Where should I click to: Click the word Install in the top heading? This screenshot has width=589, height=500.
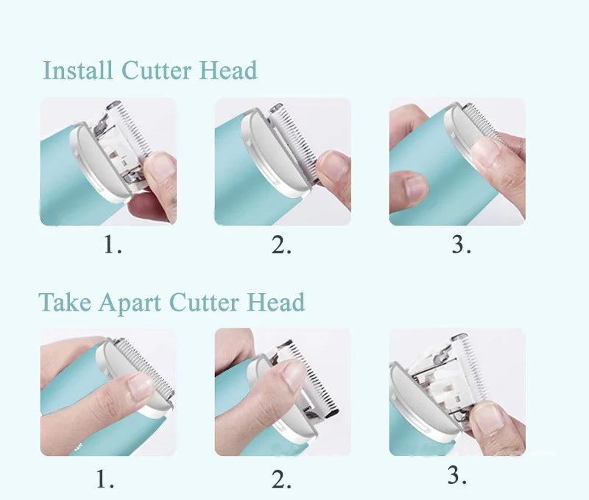point(78,71)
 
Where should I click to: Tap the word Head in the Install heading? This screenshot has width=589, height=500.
point(228,71)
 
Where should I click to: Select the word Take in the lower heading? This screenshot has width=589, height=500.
point(65,303)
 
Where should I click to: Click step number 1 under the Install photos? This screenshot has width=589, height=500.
point(112,244)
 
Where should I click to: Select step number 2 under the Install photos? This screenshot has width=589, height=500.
point(281,244)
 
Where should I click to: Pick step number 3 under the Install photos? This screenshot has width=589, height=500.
point(461,244)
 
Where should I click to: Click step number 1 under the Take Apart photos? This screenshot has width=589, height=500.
point(105,480)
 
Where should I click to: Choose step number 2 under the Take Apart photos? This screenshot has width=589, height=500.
point(281,480)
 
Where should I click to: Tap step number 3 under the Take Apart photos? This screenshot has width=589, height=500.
point(457,476)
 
